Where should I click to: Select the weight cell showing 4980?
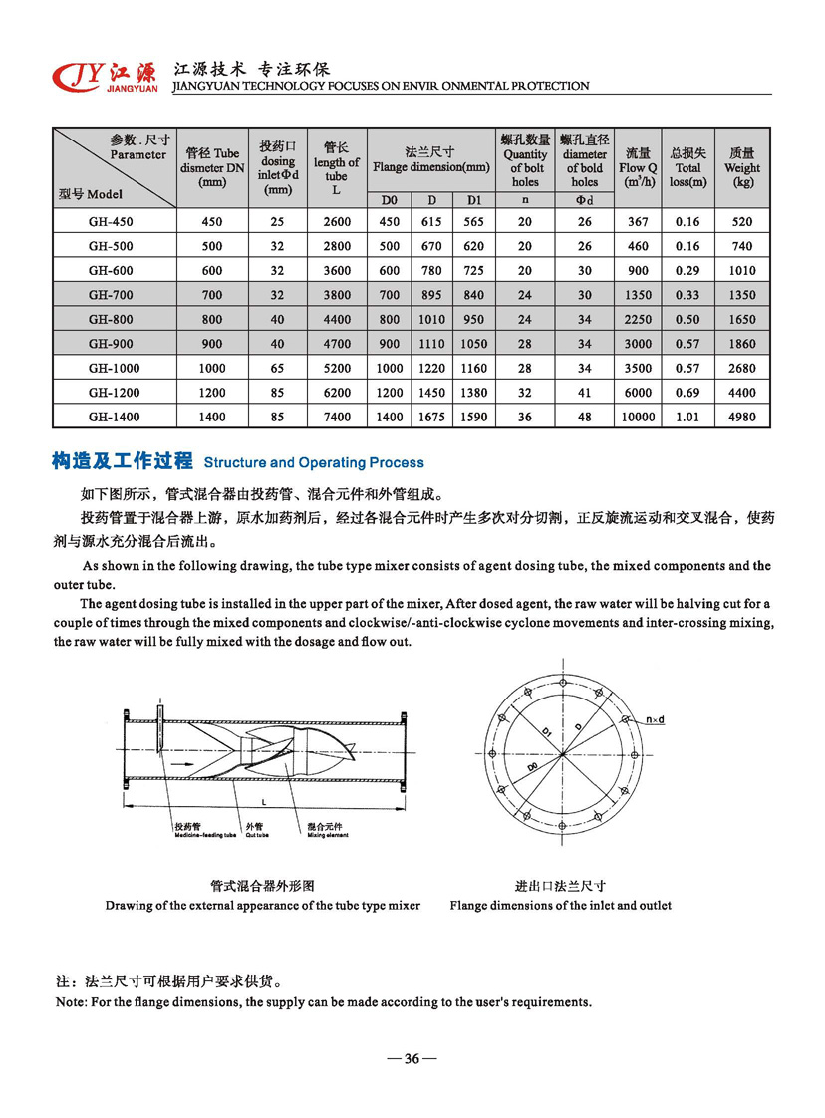[742, 417]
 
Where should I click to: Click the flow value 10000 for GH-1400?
[638, 417]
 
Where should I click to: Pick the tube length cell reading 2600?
[337, 222]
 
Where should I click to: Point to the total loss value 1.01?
[687, 417]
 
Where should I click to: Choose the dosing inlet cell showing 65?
[277, 368]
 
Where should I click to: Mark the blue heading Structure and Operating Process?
[313, 462]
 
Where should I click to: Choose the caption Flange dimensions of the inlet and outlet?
[560, 905]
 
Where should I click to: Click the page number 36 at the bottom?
[411, 1059]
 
